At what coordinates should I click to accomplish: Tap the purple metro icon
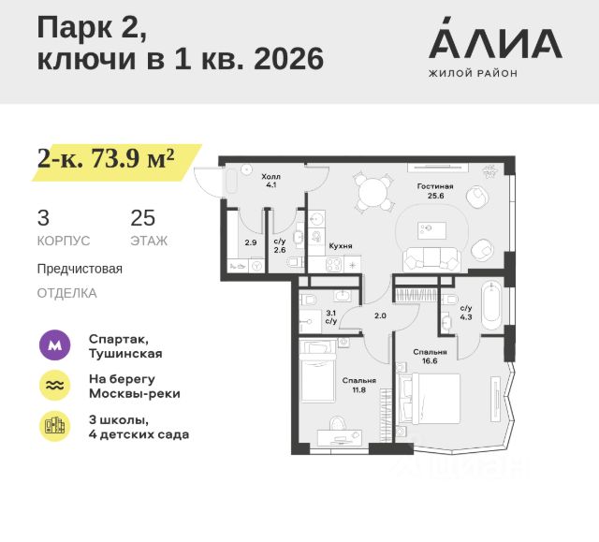click(x=54, y=345)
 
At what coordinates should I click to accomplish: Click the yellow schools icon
click(x=54, y=427)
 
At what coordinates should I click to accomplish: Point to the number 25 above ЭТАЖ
click(x=143, y=219)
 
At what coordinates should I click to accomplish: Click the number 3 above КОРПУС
click(x=43, y=219)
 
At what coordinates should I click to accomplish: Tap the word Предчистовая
click(x=80, y=269)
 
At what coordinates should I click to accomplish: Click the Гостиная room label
click(x=435, y=186)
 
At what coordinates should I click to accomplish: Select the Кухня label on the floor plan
click(x=341, y=245)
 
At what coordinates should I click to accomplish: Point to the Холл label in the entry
click(x=270, y=176)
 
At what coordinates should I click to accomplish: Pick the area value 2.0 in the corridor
click(x=380, y=315)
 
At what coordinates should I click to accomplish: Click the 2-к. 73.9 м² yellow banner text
click(x=106, y=158)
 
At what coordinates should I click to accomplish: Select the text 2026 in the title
click(x=281, y=59)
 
